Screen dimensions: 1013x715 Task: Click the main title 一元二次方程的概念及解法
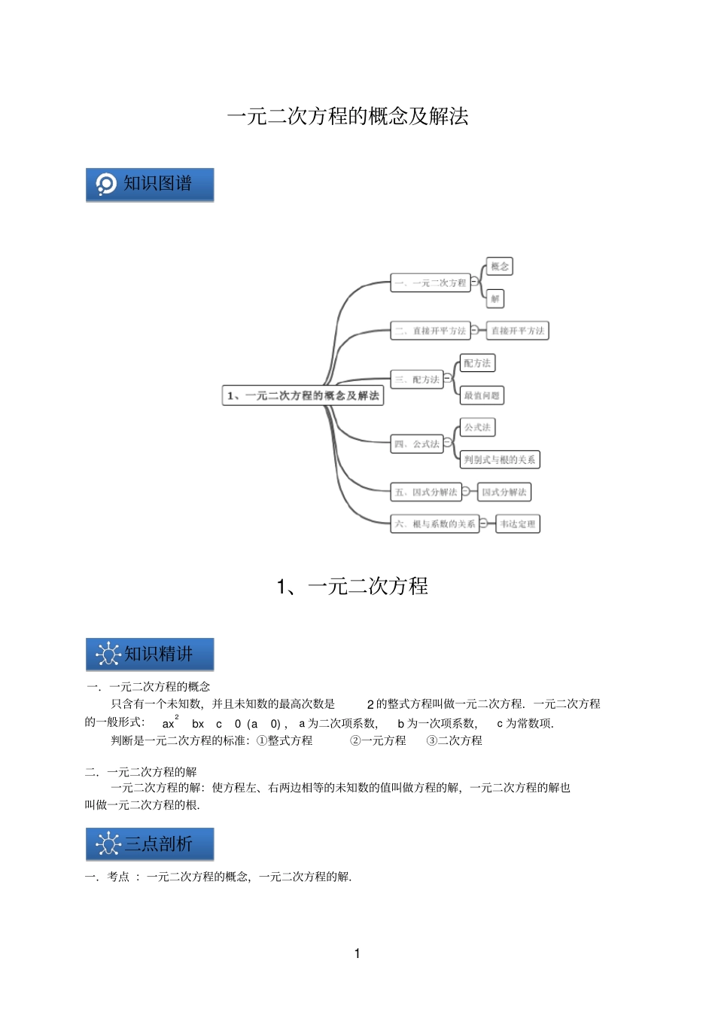tap(348, 116)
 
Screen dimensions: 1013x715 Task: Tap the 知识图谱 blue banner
tap(150, 185)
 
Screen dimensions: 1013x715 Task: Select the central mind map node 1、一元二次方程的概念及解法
tap(303, 395)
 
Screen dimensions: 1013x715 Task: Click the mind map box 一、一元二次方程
tap(430, 283)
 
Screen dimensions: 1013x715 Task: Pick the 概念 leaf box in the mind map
tap(499, 267)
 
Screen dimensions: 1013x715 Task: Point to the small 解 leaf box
tap(494, 299)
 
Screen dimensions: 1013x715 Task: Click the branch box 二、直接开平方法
tap(430, 331)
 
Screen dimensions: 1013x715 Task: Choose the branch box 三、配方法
tap(416, 380)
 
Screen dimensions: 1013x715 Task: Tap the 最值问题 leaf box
tap(481, 395)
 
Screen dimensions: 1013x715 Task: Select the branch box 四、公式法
tap(416, 444)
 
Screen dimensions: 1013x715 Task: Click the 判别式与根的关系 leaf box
tap(500, 459)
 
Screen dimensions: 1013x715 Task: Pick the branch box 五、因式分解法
tap(425, 493)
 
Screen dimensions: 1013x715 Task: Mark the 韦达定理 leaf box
tap(518, 524)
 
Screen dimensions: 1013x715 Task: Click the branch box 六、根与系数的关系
tap(434, 524)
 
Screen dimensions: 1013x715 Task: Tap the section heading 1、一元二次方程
tap(352, 586)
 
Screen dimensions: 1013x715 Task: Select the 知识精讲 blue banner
tap(150, 654)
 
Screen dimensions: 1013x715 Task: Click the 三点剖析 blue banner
tap(150, 844)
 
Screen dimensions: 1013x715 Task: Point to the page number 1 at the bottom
tap(357, 954)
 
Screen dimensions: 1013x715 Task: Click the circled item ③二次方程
tap(454, 741)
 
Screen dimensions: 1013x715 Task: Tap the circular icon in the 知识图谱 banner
tap(106, 185)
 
